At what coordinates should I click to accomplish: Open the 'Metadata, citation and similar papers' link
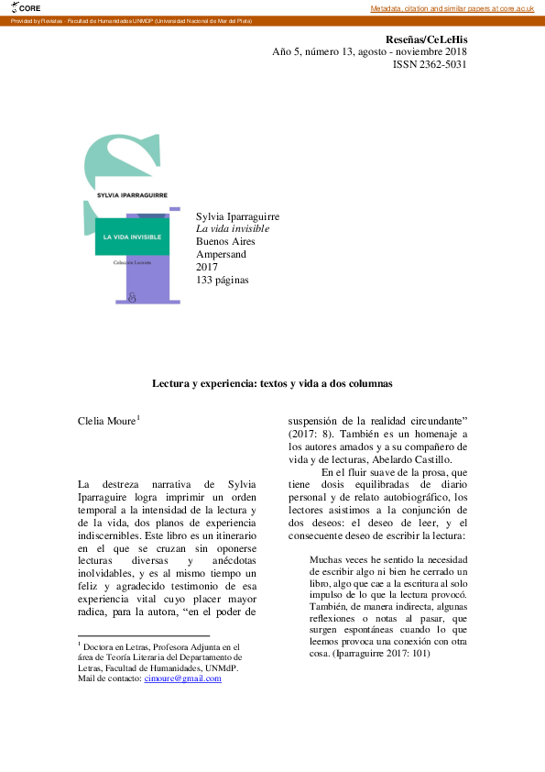pos(454,8)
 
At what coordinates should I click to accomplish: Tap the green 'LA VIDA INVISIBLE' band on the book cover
pos(132,237)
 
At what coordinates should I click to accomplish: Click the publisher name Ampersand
pos(222,254)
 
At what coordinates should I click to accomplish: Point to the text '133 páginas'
pos(222,280)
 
